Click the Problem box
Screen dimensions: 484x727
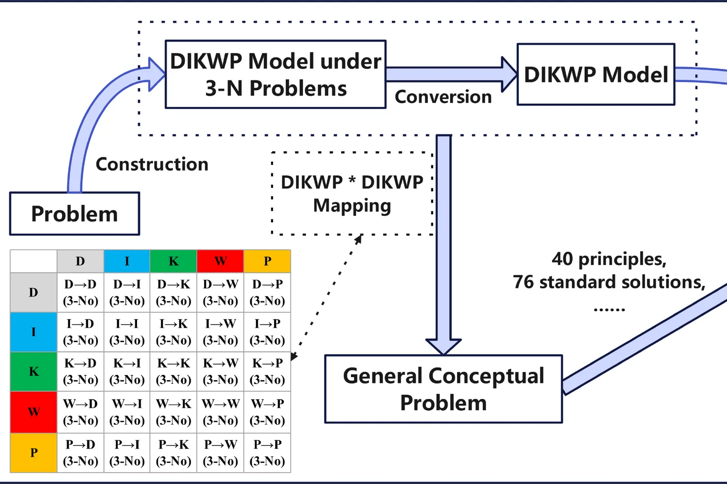(x=75, y=214)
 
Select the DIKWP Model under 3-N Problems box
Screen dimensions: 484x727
(x=275, y=74)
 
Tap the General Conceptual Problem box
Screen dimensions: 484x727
(x=443, y=389)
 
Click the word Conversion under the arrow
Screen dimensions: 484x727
(x=443, y=97)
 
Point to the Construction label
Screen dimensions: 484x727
(x=152, y=164)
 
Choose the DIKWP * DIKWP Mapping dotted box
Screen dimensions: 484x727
(x=352, y=193)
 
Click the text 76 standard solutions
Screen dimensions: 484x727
(x=609, y=282)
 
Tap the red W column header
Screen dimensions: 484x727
(x=220, y=261)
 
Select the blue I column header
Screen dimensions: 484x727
(x=127, y=261)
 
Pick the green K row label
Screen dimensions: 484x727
(x=34, y=371)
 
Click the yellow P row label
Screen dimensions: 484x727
(x=34, y=452)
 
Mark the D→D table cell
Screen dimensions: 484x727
(x=80, y=293)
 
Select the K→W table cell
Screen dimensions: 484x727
(x=220, y=371)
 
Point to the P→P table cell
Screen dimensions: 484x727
(x=267, y=452)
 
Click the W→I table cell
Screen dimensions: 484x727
(x=127, y=412)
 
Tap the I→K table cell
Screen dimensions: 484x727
(x=173, y=332)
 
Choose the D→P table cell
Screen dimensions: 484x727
(x=267, y=293)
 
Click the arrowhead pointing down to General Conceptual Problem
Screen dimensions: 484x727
(x=443, y=346)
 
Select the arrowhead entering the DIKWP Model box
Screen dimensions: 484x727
(x=509, y=74)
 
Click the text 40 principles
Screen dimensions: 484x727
(x=609, y=259)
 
